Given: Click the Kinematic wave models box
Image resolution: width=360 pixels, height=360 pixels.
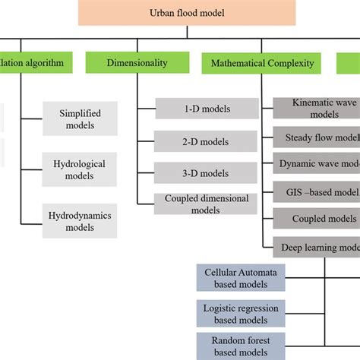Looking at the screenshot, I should tap(315, 108).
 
